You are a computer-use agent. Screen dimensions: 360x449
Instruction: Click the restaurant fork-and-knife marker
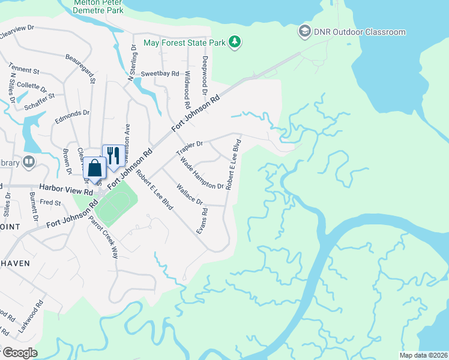pyautogui.click(x=113, y=155)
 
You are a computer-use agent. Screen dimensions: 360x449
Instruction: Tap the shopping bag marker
pyautogui.click(x=94, y=168)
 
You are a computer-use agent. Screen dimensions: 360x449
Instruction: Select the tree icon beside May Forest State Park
pyautogui.click(x=236, y=42)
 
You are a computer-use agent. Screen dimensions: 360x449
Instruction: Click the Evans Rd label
pyautogui.click(x=205, y=220)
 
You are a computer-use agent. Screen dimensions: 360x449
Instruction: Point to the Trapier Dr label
pyautogui.click(x=190, y=148)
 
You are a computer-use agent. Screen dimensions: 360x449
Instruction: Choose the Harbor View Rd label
pyautogui.click(x=67, y=187)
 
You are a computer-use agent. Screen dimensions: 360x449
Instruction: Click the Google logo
pyautogui.click(x=20, y=352)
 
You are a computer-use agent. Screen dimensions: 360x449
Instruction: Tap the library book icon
pyautogui.click(x=28, y=162)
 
